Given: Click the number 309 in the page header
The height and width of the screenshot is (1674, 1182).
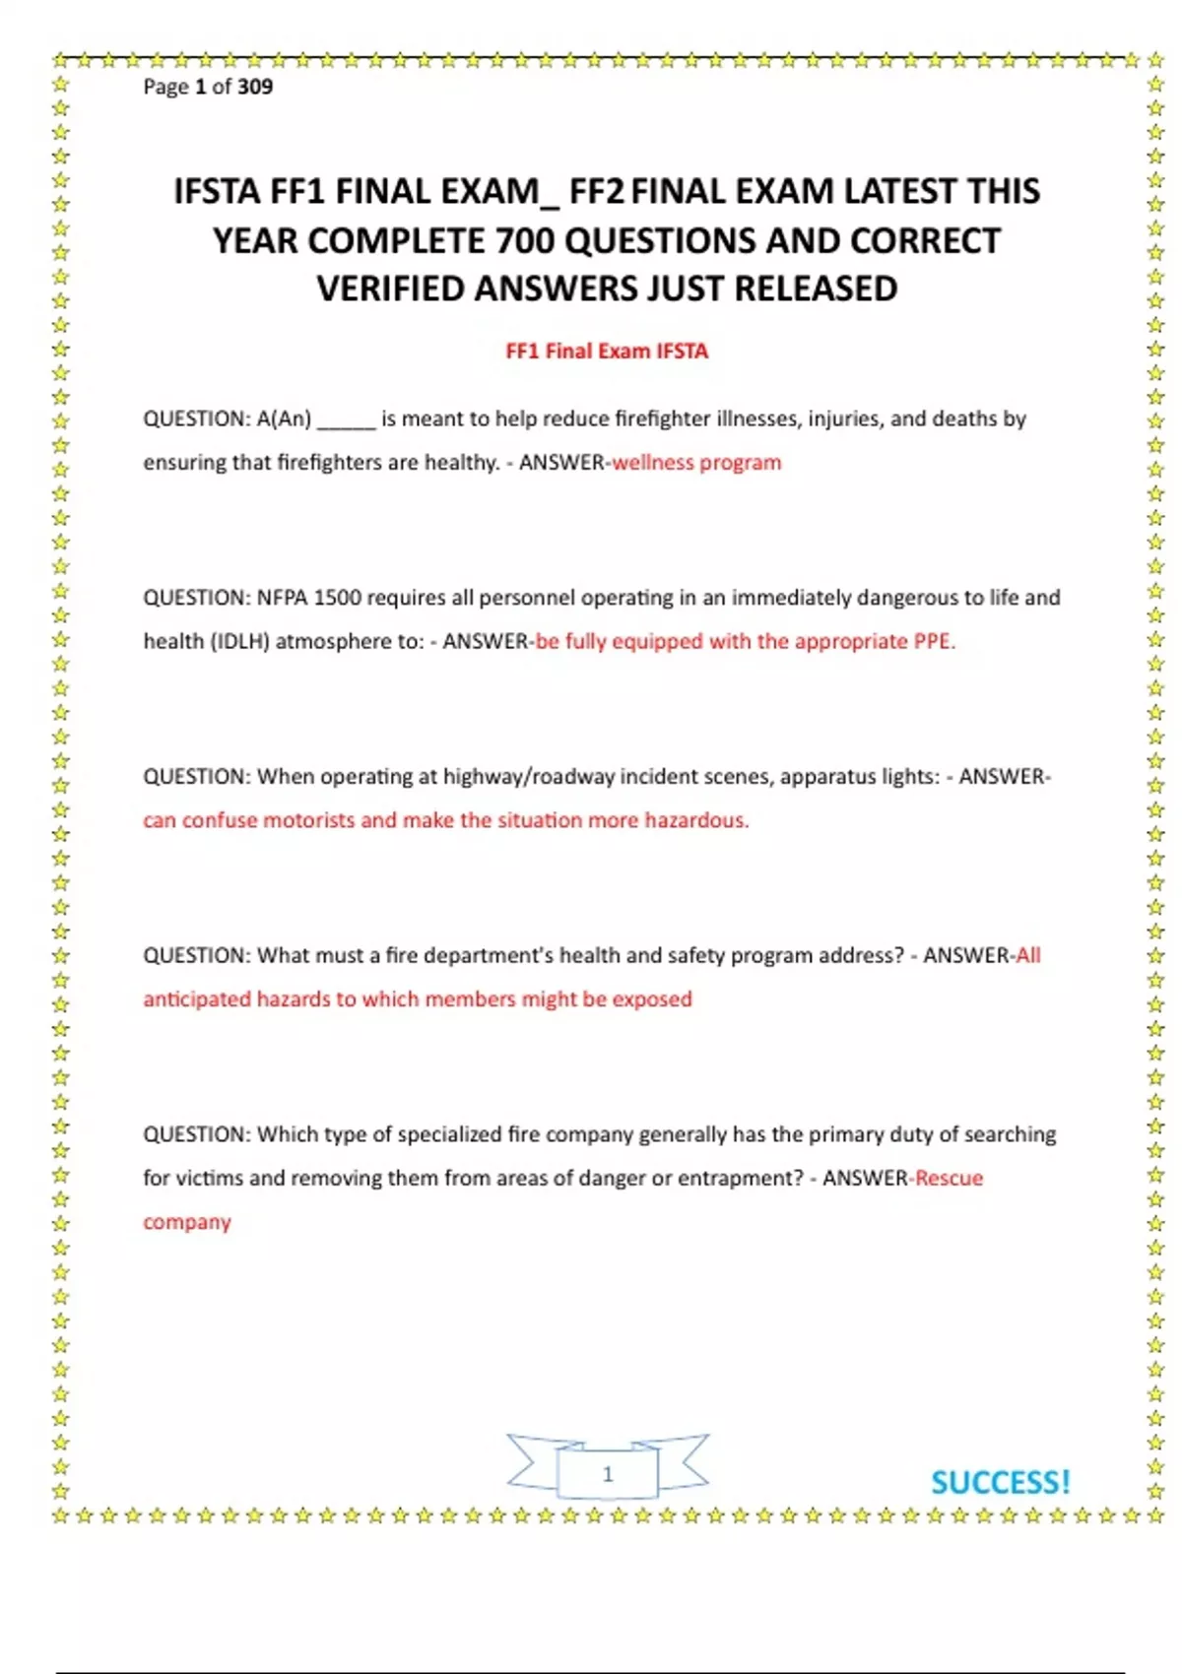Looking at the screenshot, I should point(255,87).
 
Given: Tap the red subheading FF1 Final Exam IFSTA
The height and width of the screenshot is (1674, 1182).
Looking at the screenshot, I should point(607,352).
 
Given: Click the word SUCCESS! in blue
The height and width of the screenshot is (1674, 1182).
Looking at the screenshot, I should point(1000,1482).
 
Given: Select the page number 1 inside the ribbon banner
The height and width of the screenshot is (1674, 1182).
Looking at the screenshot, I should point(608,1473).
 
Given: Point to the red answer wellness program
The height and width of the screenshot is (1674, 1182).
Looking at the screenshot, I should point(696,463).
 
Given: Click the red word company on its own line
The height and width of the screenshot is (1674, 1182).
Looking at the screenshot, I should point(187,1222).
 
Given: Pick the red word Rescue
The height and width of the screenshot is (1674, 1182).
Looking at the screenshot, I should point(950,1179).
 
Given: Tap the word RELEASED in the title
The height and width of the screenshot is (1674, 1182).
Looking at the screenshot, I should point(816,290).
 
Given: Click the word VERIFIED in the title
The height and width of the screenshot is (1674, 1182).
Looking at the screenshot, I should point(391,290).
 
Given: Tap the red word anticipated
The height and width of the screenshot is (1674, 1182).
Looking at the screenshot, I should point(196,999).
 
